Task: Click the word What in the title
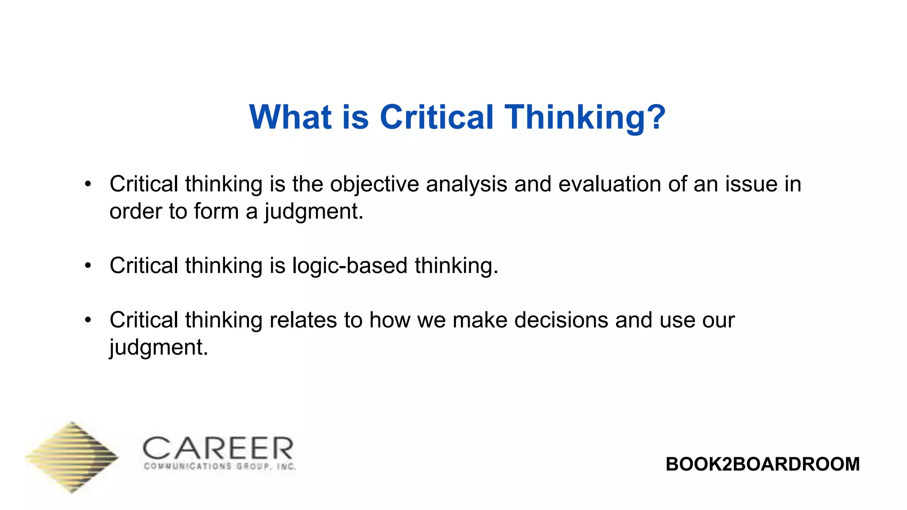tap(290, 117)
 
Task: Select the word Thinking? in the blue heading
tap(585, 118)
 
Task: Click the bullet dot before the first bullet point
tap(88, 184)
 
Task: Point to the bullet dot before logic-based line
tap(88, 266)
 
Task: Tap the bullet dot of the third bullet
tap(88, 320)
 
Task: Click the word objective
tap(374, 184)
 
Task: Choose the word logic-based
tap(349, 266)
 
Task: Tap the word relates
tap(303, 320)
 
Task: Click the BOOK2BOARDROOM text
tap(762, 464)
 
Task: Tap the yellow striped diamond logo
tap(72, 457)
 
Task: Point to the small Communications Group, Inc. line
tap(220, 467)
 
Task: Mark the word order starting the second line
tap(136, 211)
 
